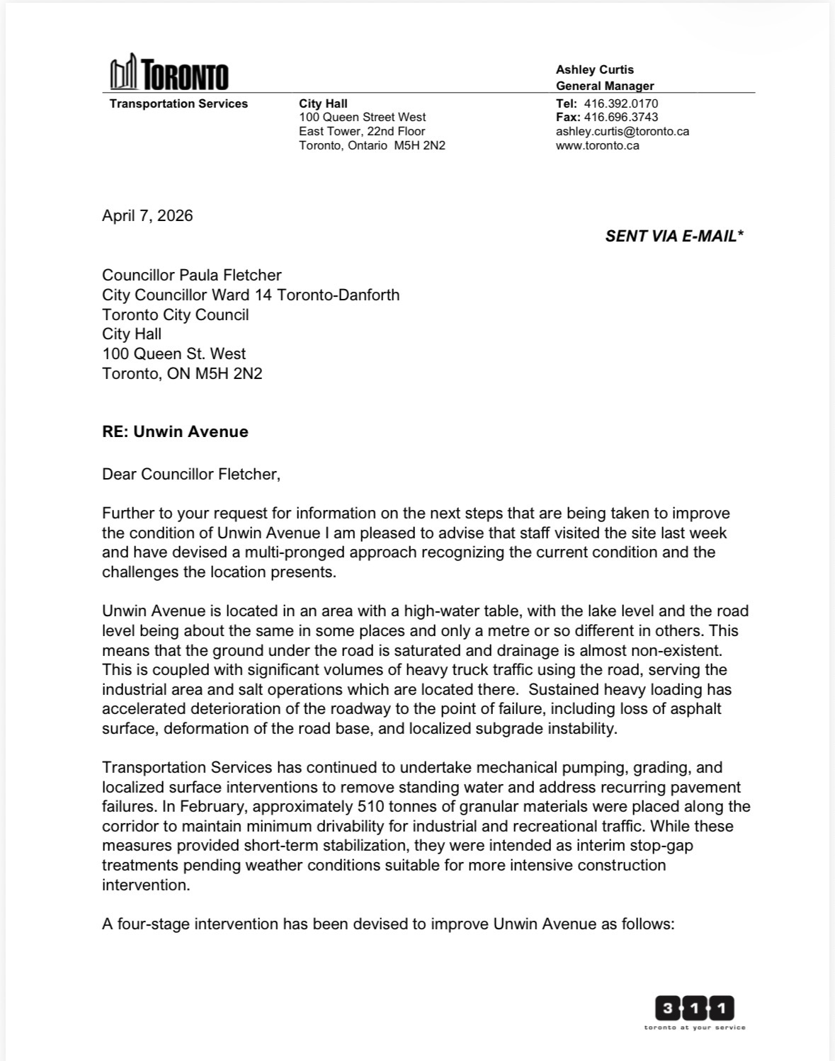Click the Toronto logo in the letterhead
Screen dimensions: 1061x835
click(169, 73)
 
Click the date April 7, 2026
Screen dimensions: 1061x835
click(147, 216)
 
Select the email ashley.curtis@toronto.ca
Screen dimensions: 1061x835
click(622, 131)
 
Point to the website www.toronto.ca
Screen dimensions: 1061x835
click(597, 145)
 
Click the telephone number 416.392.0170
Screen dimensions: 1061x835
click(620, 103)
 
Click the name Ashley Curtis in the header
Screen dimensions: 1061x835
click(594, 69)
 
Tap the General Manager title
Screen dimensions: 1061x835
click(604, 86)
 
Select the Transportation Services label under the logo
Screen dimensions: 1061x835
click(178, 103)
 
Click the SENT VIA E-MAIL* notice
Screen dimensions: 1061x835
click(674, 237)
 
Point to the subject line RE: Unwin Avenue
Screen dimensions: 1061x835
click(175, 432)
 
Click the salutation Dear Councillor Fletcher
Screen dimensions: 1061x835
click(191, 475)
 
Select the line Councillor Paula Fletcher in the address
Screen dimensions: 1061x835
click(192, 275)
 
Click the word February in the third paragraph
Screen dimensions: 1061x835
click(210, 807)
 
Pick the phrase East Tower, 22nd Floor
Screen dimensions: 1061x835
click(362, 131)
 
